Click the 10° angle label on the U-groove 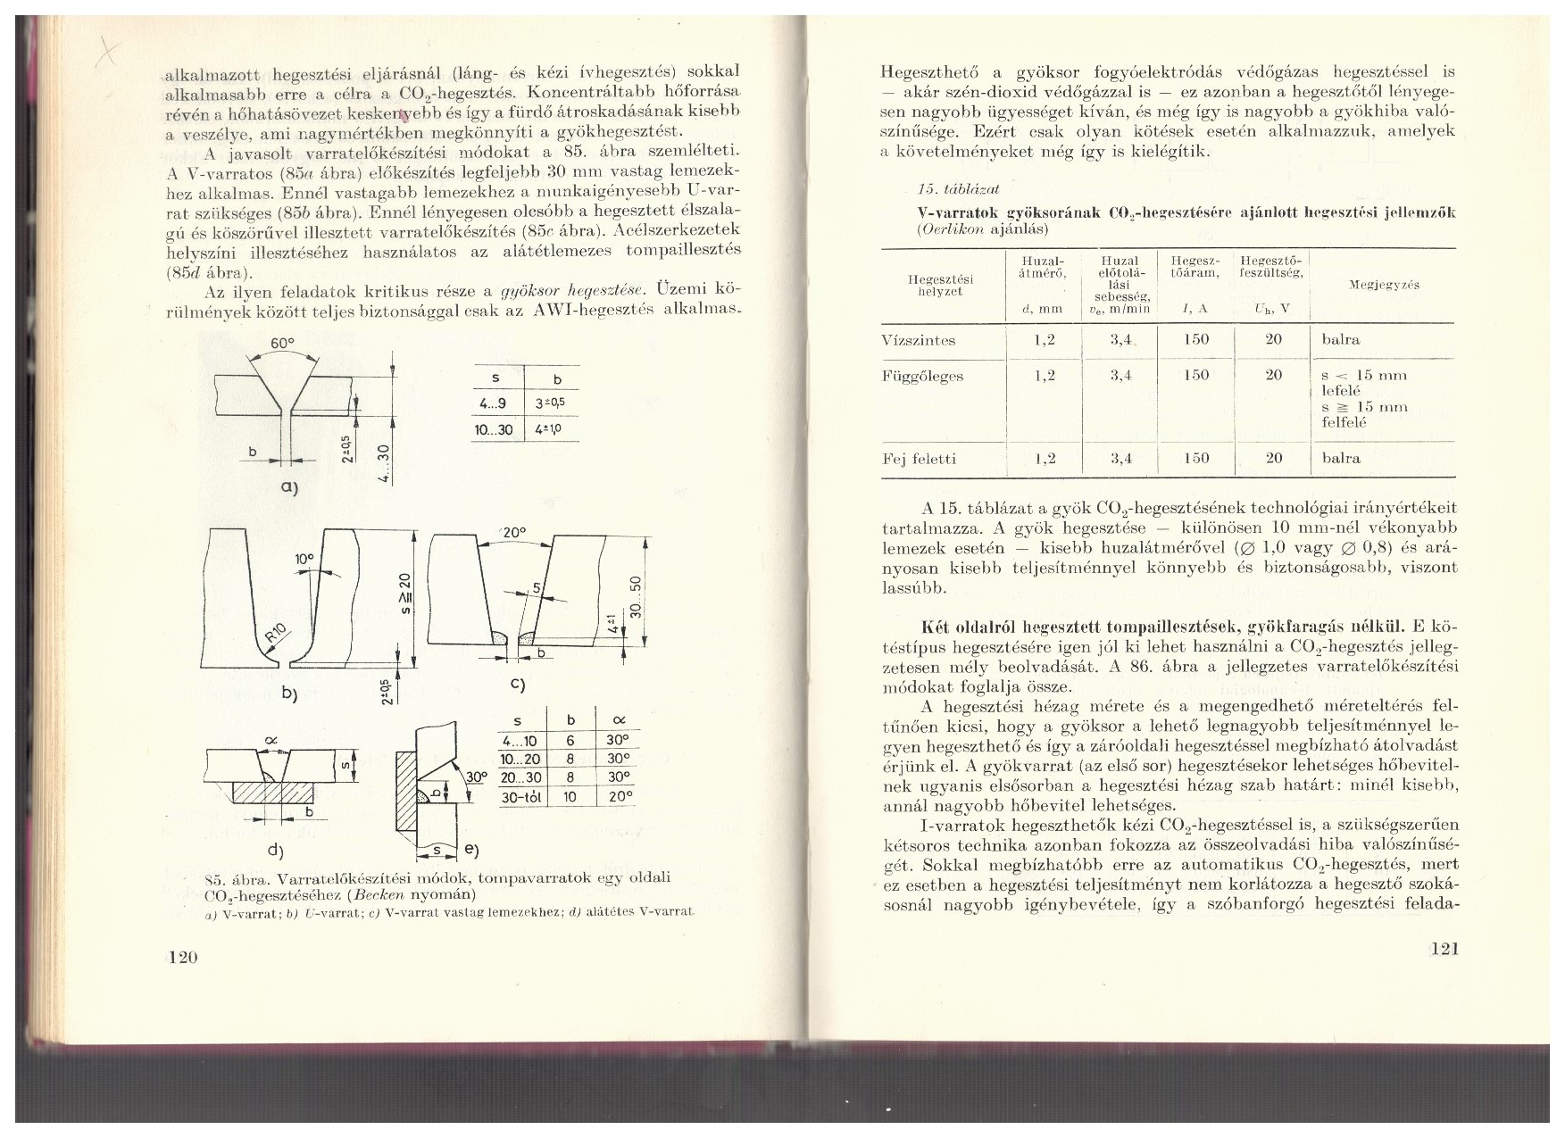304,559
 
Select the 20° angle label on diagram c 512,532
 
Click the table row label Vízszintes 919,340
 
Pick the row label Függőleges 923,376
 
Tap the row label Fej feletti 920,459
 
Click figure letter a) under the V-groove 287,488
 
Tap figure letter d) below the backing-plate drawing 274,849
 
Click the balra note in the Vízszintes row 1341,340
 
